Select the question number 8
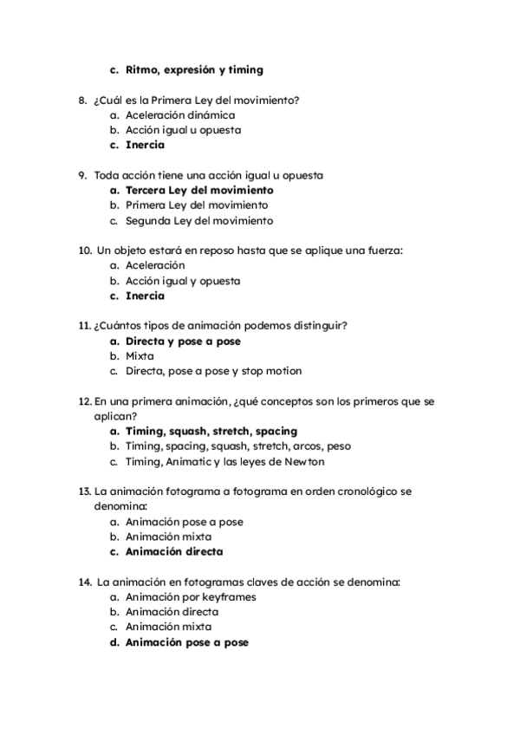pyautogui.click(x=82, y=100)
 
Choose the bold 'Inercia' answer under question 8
pyautogui.click(x=145, y=145)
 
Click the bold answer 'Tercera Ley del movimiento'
pyautogui.click(x=199, y=190)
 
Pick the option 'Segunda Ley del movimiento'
pyautogui.click(x=199, y=220)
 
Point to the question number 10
pyautogui.click(x=85, y=250)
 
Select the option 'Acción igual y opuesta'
pyautogui.click(x=183, y=281)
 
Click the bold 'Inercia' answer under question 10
pyautogui.click(x=145, y=296)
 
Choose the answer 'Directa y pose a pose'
pyautogui.click(x=183, y=341)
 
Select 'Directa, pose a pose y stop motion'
pyautogui.click(x=213, y=371)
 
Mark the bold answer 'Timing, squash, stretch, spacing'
pyautogui.click(x=211, y=431)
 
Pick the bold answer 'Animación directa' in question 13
pyautogui.click(x=174, y=551)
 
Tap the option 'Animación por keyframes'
pyautogui.click(x=191, y=596)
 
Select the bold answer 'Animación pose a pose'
pyautogui.click(x=186, y=642)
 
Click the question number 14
pyautogui.click(x=85, y=582)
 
